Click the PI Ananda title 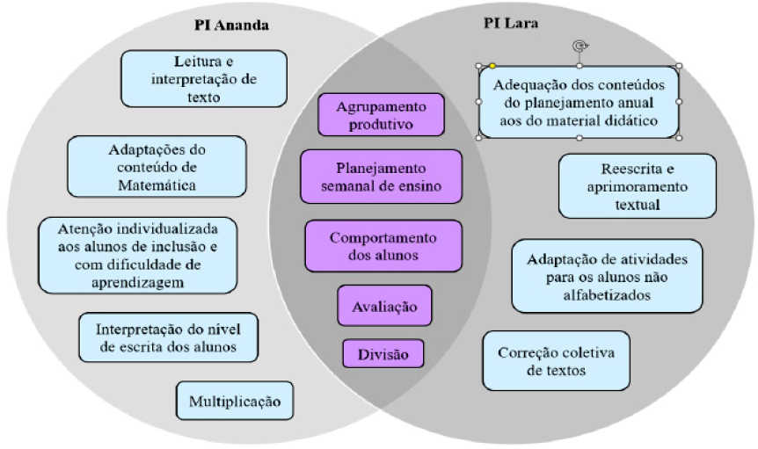point(231,25)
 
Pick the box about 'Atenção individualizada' point(139,254)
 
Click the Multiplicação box point(234,402)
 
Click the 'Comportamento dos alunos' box point(383,246)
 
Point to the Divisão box point(383,354)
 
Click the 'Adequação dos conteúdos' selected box point(578,102)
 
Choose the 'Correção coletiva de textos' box point(556,360)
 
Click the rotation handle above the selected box point(578,47)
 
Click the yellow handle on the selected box point(492,66)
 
